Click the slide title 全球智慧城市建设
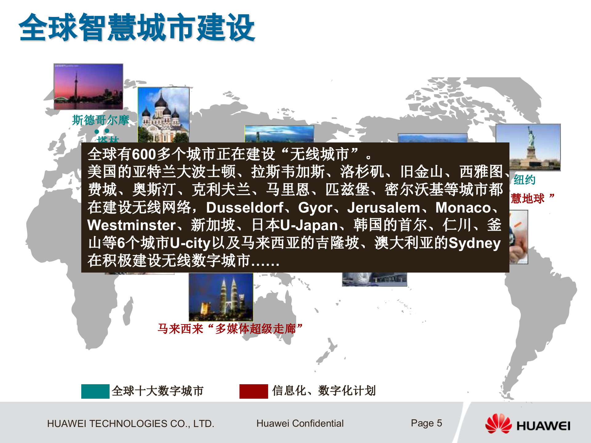click(137, 28)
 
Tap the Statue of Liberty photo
click(528, 147)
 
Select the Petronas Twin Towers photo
click(221, 297)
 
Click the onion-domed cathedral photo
click(163, 114)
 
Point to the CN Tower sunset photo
click(88, 86)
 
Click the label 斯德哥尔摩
click(101, 120)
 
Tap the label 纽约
click(525, 180)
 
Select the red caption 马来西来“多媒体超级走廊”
click(230, 329)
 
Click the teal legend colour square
click(95, 391)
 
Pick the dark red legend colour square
click(254, 391)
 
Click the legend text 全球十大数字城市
click(158, 391)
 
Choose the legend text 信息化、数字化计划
click(324, 391)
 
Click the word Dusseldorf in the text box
click(245, 208)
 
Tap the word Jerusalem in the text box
click(384, 208)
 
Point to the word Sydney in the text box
click(474, 243)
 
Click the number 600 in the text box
click(144, 154)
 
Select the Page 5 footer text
click(426, 423)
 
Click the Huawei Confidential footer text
click(300, 423)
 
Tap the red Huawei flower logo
click(498, 424)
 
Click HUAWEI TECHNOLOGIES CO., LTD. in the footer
click(131, 424)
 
